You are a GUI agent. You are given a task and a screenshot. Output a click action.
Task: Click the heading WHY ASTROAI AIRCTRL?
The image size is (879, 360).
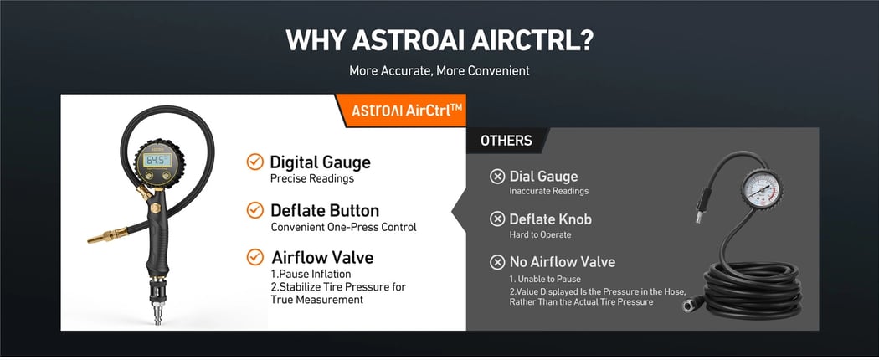coord(439,39)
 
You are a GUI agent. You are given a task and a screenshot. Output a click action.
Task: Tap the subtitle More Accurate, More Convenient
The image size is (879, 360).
coord(439,70)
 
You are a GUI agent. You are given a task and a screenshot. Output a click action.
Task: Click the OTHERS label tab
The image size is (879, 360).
coord(506,141)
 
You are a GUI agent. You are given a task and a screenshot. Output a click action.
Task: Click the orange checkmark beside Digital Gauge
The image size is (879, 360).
coord(254,162)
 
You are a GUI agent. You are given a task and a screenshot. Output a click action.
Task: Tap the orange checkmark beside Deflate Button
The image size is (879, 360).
coord(254,210)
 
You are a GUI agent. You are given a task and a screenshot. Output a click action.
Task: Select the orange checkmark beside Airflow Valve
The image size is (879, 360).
coord(254,257)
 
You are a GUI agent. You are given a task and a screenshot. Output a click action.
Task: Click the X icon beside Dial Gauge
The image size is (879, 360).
coord(496,177)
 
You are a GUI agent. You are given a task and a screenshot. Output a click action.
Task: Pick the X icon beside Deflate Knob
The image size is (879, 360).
coord(496,219)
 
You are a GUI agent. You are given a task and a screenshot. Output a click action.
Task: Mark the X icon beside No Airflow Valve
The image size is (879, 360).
coord(496,262)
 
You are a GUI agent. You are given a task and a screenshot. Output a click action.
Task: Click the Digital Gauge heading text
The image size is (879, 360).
coord(320,162)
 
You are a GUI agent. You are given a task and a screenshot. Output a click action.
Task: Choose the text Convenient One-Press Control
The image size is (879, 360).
coord(343,227)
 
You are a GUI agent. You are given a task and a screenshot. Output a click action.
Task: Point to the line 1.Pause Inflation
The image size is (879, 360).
coord(311,274)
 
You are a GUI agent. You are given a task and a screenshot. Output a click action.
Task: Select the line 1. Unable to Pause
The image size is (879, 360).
coord(545,279)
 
